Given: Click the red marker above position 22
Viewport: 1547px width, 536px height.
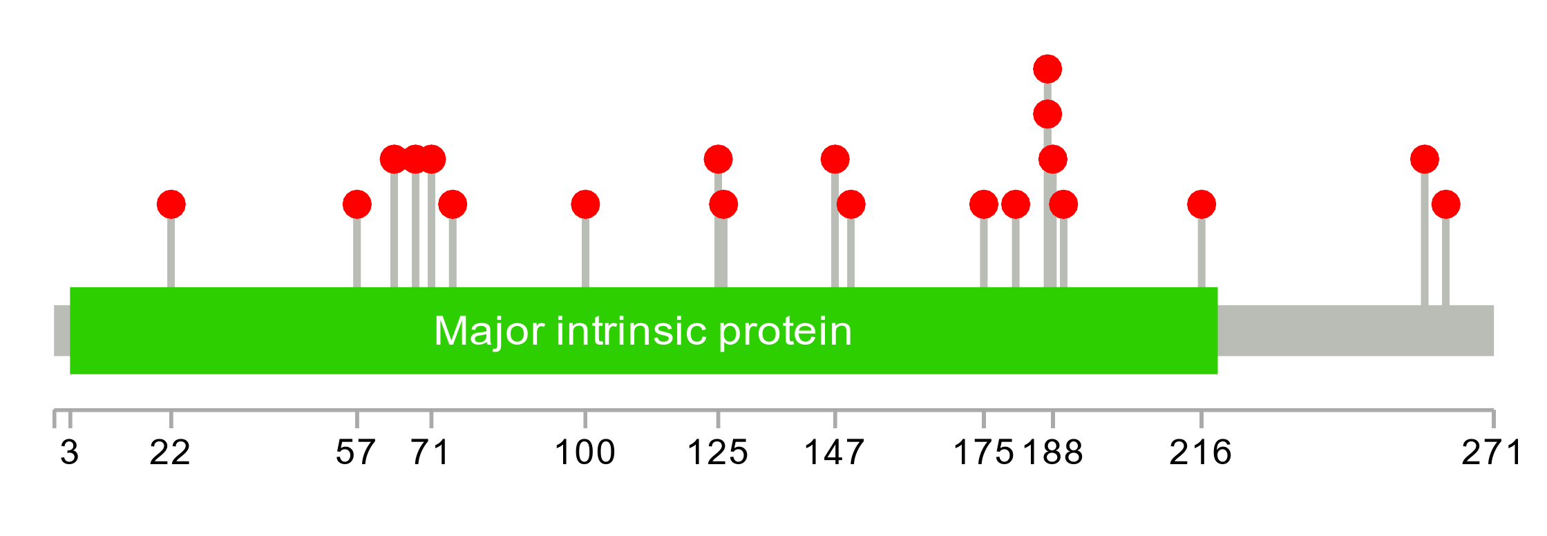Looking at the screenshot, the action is [171, 204].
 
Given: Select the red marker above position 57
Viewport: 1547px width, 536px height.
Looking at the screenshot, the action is [357, 204].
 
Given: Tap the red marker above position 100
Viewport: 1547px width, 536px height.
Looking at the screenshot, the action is [585, 204].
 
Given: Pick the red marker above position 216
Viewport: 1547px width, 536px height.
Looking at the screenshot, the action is [1202, 204].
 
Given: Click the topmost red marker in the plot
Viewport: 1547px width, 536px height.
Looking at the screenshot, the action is [1047, 69].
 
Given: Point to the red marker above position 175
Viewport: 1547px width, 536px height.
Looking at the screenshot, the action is [984, 204].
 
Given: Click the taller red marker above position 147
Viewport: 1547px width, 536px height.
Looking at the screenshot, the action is [835, 160].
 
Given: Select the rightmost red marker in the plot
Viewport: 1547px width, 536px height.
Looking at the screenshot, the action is [1446, 204].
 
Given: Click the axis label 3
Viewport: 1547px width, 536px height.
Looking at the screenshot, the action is [70, 453].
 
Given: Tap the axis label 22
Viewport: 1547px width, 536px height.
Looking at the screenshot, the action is [170, 453].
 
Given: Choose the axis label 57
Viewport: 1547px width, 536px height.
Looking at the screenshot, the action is [356, 453].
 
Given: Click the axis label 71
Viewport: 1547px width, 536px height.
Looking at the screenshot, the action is [430, 453].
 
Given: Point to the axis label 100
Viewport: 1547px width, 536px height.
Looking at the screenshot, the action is [585, 453].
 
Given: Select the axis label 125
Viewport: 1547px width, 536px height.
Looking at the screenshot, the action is [718, 453].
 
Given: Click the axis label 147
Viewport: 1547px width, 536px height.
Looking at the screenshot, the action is [835, 453].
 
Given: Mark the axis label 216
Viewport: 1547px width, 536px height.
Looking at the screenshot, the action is [1201, 453].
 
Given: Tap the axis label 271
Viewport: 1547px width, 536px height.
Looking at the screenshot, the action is [1492, 453].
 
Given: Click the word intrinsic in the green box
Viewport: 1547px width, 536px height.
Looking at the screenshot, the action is [632, 331].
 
